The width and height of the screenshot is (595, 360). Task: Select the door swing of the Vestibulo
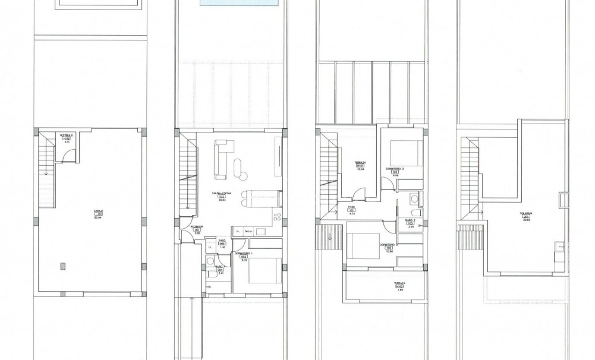point(70,156)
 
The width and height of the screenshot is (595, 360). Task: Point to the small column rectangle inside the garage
point(62,265)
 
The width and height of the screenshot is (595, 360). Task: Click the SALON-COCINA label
point(224,194)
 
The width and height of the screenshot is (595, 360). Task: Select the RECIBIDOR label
point(197,226)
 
